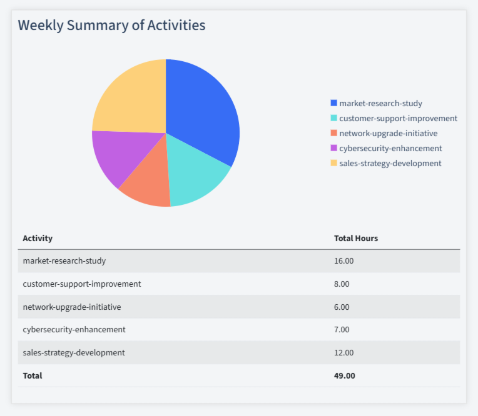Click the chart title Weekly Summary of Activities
pyautogui.click(x=111, y=25)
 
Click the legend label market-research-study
pyautogui.click(x=380, y=103)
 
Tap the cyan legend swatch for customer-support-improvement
pyautogui.click(x=333, y=118)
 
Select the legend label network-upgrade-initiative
pyautogui.click(x=388, y=133)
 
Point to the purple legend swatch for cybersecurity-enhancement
pyautogui.click(x=333, y=148)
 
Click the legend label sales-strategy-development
pyautogui.click(x=390, y=163)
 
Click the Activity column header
pyautogui.click(x=38, y=238)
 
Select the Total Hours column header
pyautogui.click(x=355, y=238)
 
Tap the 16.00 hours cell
pyautogui.click(x=343, y=261)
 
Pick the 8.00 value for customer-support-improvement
pyautogui.click(x=342, y=284)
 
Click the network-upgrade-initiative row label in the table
pyautogui.click(x=71, y=307)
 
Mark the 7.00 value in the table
pyautogui.click(x=342, y=329)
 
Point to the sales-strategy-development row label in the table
pyautogui.click(x=73, y=352)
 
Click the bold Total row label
pyautogui.click(x=32, y=375)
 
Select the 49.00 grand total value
pyautogui.click(x=344, y=375)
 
